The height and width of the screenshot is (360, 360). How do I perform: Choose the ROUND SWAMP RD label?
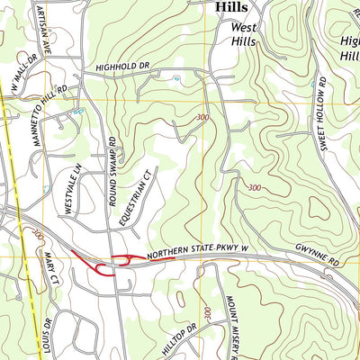click(x=112, y=172)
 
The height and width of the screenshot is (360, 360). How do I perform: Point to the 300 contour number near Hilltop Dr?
click(x=207, y=314)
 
